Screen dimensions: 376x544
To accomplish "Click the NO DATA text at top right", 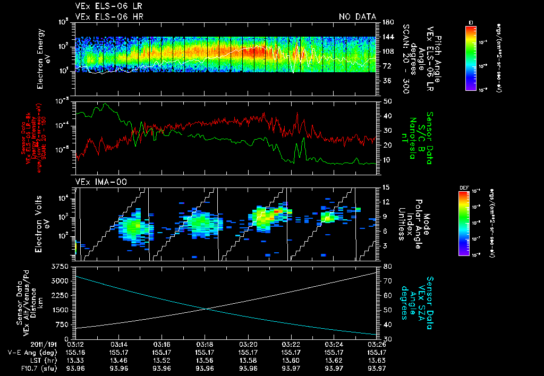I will [x=358, y=16].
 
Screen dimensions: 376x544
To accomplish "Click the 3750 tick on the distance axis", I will [x=62, y=266].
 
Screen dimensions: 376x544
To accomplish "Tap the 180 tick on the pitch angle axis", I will [x=387, y=22].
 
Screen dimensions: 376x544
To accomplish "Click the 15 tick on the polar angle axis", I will [x=386, y=187].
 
